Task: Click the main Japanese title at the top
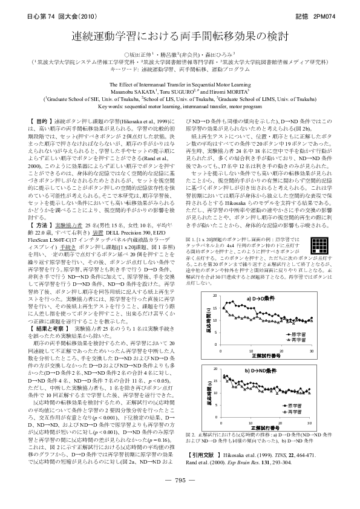180,37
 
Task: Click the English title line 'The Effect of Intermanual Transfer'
180,85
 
